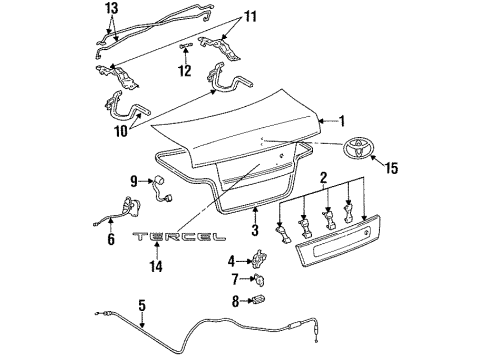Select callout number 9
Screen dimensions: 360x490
point(133,180)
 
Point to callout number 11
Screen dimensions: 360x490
point(251,17)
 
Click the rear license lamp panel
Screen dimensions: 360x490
point(336,240)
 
